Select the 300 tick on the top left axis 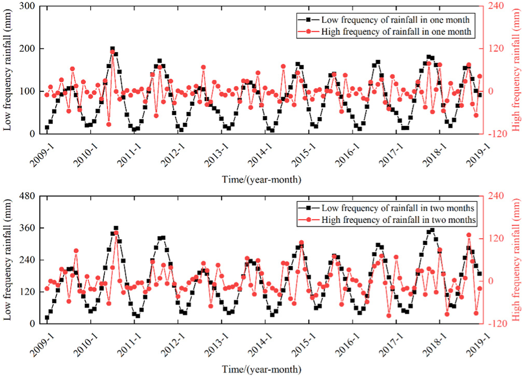point(29,6)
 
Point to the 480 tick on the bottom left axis point(29,196)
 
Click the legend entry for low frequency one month point(395,20)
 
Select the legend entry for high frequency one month point(396,32)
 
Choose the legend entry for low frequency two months point(398,208)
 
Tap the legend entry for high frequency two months point(398,220)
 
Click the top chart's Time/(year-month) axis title point(261,180)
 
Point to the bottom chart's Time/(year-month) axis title point(261,369)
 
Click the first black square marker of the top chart point(47,127)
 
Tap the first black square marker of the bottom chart point(47,317)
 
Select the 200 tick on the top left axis point(29,49)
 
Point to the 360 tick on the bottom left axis point(29,228)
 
